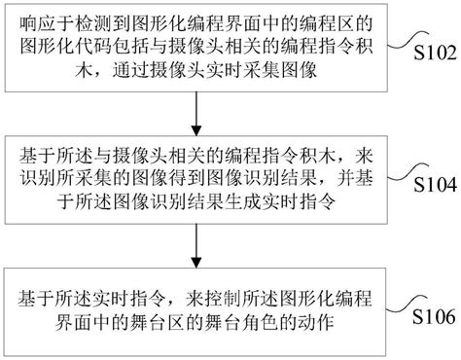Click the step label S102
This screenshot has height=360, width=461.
433,53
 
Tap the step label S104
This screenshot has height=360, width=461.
433,185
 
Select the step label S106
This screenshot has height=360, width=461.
433,318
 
